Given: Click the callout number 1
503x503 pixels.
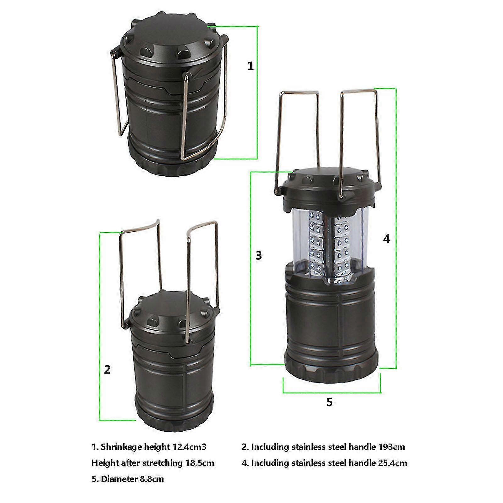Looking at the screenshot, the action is [250, 66].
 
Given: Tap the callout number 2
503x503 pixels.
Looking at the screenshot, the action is [107, 369].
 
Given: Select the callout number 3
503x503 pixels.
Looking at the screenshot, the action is [259, 255].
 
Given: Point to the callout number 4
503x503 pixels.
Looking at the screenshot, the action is [386, 239].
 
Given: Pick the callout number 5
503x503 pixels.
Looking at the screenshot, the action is [329, 402].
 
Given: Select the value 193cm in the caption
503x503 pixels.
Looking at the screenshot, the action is [392, 447].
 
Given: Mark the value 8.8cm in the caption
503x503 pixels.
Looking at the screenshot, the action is [152, 479].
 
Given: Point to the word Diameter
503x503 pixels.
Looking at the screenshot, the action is [120, 479].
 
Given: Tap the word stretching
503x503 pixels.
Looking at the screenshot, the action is [163, 463].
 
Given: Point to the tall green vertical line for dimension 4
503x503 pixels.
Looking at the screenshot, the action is [396, 228].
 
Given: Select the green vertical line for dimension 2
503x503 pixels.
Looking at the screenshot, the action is [100, 327].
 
